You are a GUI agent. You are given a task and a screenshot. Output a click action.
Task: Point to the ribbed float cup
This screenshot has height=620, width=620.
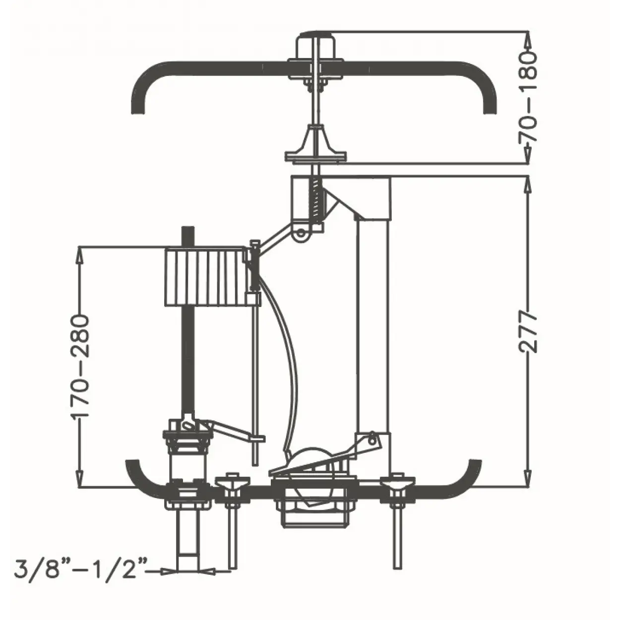tap(205, 276)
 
